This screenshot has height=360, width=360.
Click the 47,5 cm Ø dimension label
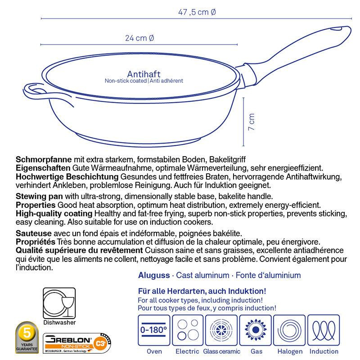coord(197,12)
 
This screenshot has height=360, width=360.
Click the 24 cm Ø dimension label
coord(139,38)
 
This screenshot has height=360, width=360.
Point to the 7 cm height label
coord(252,121)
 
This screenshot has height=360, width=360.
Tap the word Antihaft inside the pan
coord(144,74)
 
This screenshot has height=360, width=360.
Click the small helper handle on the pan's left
coord(34,90)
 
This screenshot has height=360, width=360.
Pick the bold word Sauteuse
coord(32,233)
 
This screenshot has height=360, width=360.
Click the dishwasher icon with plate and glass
coord(59,303)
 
